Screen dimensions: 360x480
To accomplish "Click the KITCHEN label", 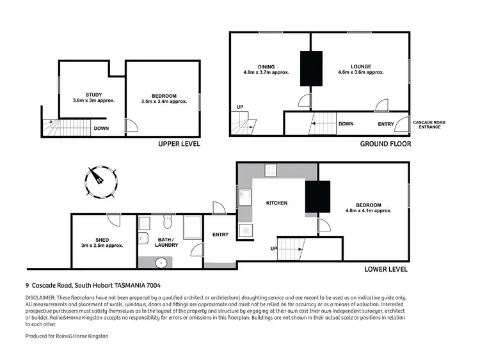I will [276, 203].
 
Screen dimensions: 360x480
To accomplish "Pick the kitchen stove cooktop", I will [245, 230].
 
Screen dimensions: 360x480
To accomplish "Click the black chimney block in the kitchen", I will [317, 196].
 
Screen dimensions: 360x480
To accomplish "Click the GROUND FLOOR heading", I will [385, 145].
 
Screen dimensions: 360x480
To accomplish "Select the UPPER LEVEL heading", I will [179, 145].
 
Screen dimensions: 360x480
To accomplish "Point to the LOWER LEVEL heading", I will [385, 269].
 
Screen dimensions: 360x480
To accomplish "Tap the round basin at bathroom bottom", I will [161, 262].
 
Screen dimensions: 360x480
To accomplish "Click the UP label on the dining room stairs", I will [240, 107].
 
